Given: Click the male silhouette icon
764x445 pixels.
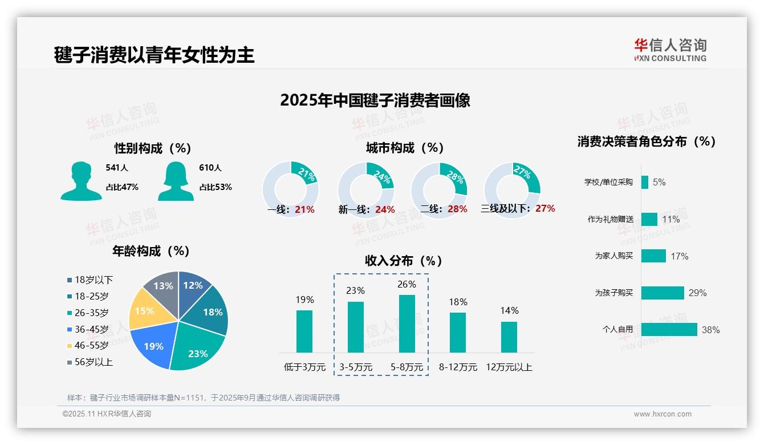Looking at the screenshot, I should (81, 181).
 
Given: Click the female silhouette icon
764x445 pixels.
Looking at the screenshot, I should (176, 181).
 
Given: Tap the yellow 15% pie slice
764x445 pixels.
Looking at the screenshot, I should (145, 310).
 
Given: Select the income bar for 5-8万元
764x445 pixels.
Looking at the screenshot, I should (407, 323).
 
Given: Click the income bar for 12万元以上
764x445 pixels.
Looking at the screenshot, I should (509, 337).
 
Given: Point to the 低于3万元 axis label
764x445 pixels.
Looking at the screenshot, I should (304, 367).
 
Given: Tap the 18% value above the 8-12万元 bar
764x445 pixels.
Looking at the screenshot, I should (458, 302).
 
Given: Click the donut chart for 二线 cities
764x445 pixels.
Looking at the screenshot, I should (439, 190).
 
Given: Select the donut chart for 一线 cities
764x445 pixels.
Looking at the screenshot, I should (291, 190).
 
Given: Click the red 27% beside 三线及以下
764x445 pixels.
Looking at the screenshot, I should (545, 208).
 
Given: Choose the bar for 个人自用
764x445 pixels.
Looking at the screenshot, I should (669, 329).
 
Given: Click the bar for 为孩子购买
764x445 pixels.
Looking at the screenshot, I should (662, 293).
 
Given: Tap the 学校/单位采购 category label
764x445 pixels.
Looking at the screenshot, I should (608, 182).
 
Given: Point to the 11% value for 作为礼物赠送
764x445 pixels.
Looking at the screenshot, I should (671, 219).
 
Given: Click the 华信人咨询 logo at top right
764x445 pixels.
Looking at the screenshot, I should (670, 50).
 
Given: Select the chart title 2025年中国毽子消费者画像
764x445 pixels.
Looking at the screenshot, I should (375, 100).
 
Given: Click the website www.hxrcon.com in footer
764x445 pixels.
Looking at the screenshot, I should (663, 414).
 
